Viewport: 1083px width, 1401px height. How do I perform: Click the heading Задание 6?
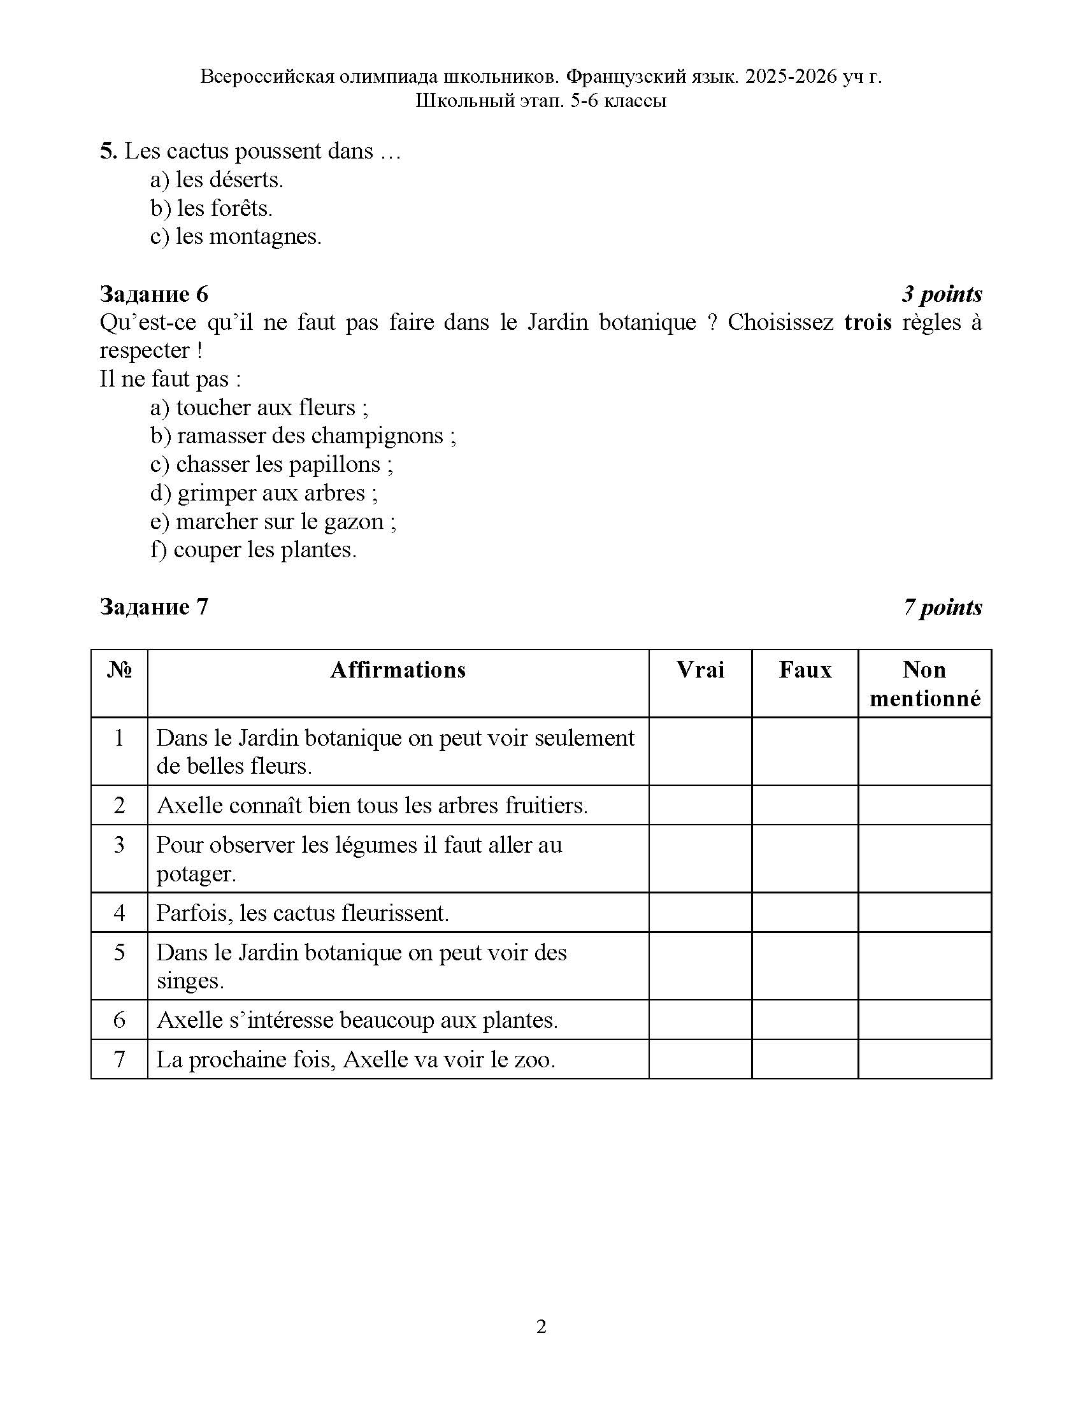(154, 294)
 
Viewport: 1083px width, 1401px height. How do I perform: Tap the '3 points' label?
(941, 294)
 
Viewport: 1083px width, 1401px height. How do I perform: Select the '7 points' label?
(942, 607)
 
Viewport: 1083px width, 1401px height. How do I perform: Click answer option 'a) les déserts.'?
(217, 180)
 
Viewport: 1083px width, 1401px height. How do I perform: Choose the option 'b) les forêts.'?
(212, 208)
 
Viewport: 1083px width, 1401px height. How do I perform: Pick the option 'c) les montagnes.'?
(236, 237)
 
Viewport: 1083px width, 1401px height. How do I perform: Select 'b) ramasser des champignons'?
(303, 436)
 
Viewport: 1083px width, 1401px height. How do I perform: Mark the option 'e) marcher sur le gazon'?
(273, 522)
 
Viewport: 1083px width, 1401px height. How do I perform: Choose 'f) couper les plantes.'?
(254, 550)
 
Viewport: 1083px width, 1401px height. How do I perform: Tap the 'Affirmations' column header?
(398, 670)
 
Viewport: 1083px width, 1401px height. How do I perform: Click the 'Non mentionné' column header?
(924, 684)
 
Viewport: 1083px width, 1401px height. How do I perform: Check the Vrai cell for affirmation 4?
(700, 912)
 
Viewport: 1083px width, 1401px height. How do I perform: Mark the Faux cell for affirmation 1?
(805, 751)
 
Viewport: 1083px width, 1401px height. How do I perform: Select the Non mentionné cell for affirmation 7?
(924, 1059)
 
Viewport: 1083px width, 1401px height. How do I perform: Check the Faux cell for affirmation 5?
(805, 966)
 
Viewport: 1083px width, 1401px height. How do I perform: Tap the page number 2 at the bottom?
(541, 1326)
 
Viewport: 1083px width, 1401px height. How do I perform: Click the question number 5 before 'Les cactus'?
(107, 152)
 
